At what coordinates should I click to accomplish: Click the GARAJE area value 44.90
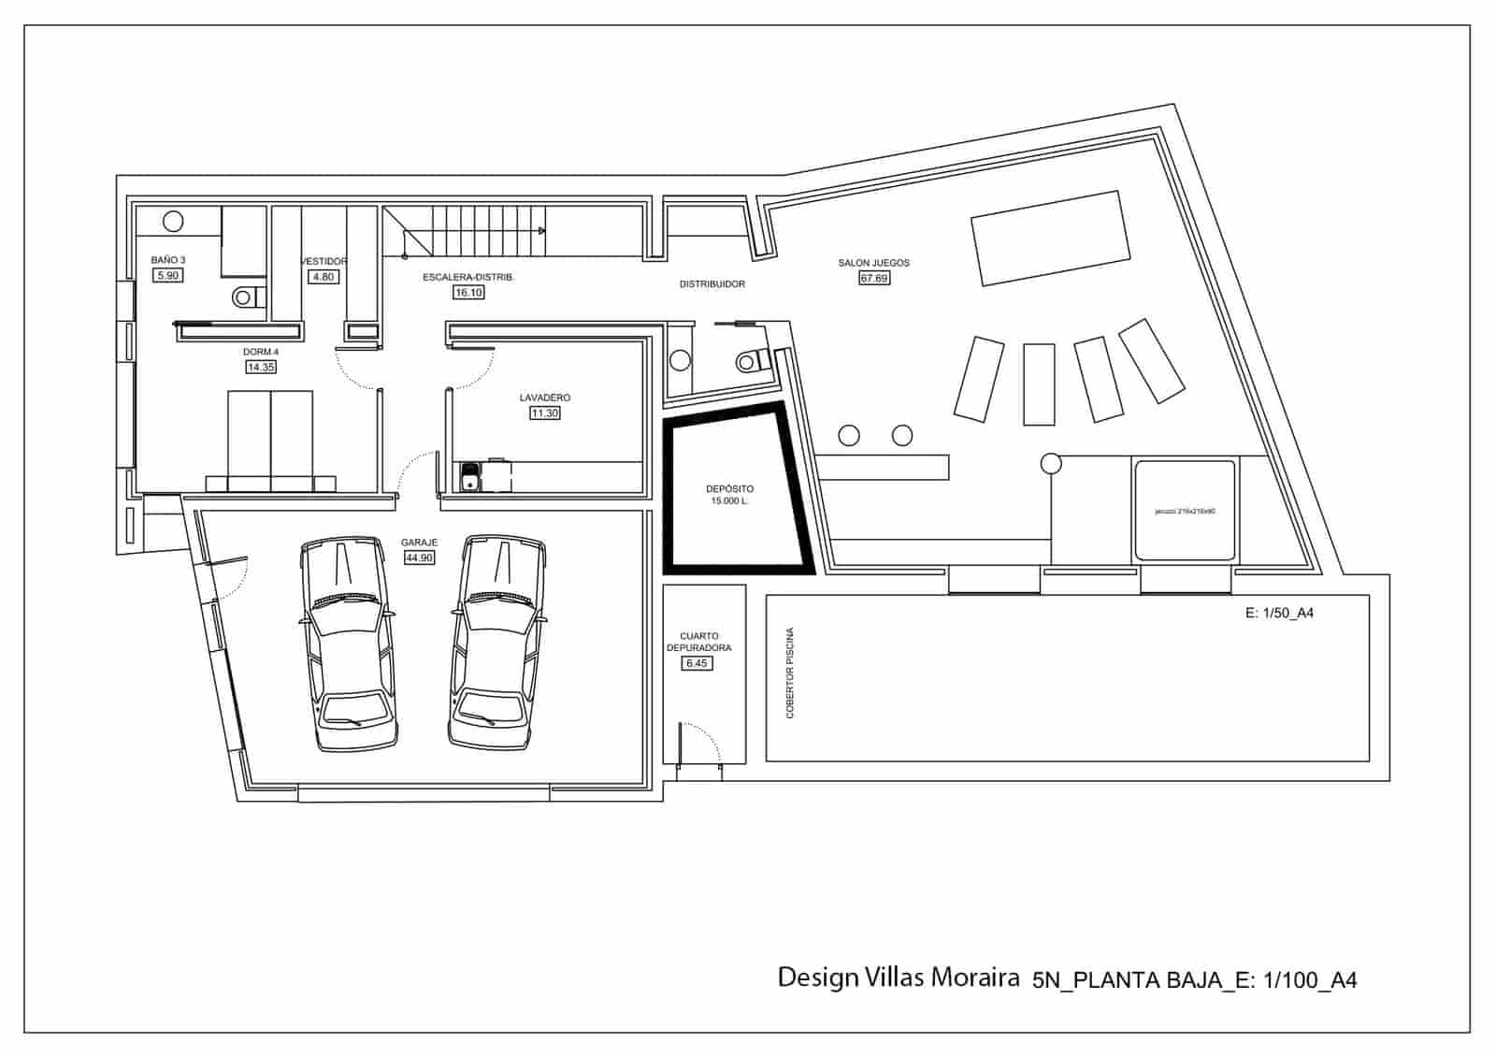[419, 557]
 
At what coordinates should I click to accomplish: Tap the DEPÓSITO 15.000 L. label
[729, 495]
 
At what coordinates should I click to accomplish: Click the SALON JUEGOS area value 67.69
[873, 278]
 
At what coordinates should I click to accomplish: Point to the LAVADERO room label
[545, 398]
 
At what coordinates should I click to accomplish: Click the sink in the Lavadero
[470, 482]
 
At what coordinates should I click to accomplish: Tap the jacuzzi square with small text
[1185, 511]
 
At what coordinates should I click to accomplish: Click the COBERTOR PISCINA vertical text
[790, 673]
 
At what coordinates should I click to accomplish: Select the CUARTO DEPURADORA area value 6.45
[697, 663]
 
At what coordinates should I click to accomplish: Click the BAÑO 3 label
[168, 260]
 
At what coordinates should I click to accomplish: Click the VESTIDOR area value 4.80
[323, 277]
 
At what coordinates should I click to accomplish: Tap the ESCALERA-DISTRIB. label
[468, 278]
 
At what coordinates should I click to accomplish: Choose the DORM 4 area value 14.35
[261, 368]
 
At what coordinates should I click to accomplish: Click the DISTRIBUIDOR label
[712, 283]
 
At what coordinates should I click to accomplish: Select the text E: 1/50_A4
[1279, 614]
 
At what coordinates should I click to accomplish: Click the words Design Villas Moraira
[898, 977]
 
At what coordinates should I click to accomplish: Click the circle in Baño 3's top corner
[173, 222]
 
